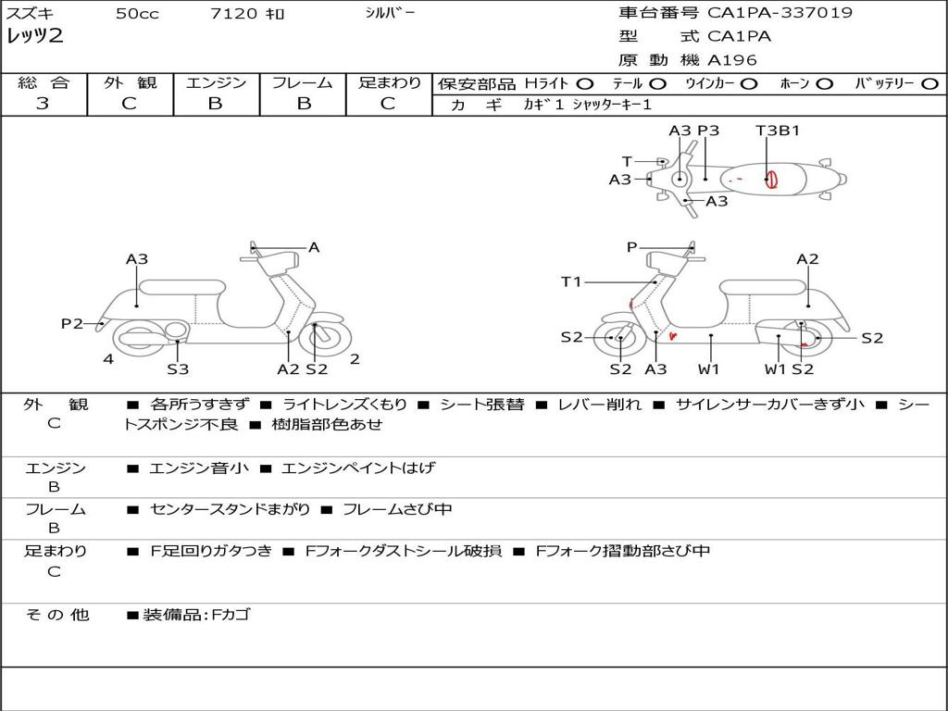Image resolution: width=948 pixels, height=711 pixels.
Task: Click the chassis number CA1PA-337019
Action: coord(780,13)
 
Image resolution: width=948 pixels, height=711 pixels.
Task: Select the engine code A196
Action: coord(732,60)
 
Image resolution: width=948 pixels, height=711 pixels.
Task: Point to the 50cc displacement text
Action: coord(137,14)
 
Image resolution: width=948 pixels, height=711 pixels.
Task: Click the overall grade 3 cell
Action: coord(43,104)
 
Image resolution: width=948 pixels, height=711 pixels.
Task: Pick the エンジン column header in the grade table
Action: coord(216,83)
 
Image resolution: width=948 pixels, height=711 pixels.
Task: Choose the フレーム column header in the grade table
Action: coord(303,83)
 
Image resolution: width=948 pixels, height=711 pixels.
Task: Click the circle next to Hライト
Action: coord(585,84)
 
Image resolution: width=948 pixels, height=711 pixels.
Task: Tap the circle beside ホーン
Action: coord(824,84)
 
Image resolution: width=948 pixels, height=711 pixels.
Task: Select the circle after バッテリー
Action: coord(929,84)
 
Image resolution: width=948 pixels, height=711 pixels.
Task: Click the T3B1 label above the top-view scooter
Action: coord(778,131)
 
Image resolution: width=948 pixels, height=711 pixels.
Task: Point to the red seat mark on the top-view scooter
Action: coord(770,178)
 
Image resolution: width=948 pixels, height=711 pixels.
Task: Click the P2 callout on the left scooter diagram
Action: coord(72,323)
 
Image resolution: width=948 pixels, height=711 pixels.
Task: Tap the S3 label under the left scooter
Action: coord(178,369)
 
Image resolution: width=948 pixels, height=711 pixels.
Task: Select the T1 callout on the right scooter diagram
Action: coord(571,281)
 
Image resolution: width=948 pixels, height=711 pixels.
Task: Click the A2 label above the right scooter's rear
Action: coord(807,259)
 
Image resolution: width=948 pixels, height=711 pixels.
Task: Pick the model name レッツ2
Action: coord(34,37)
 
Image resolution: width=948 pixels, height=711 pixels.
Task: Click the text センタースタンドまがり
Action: coord(229,509)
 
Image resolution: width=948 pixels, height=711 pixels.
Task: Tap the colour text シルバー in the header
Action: coord(390,13)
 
